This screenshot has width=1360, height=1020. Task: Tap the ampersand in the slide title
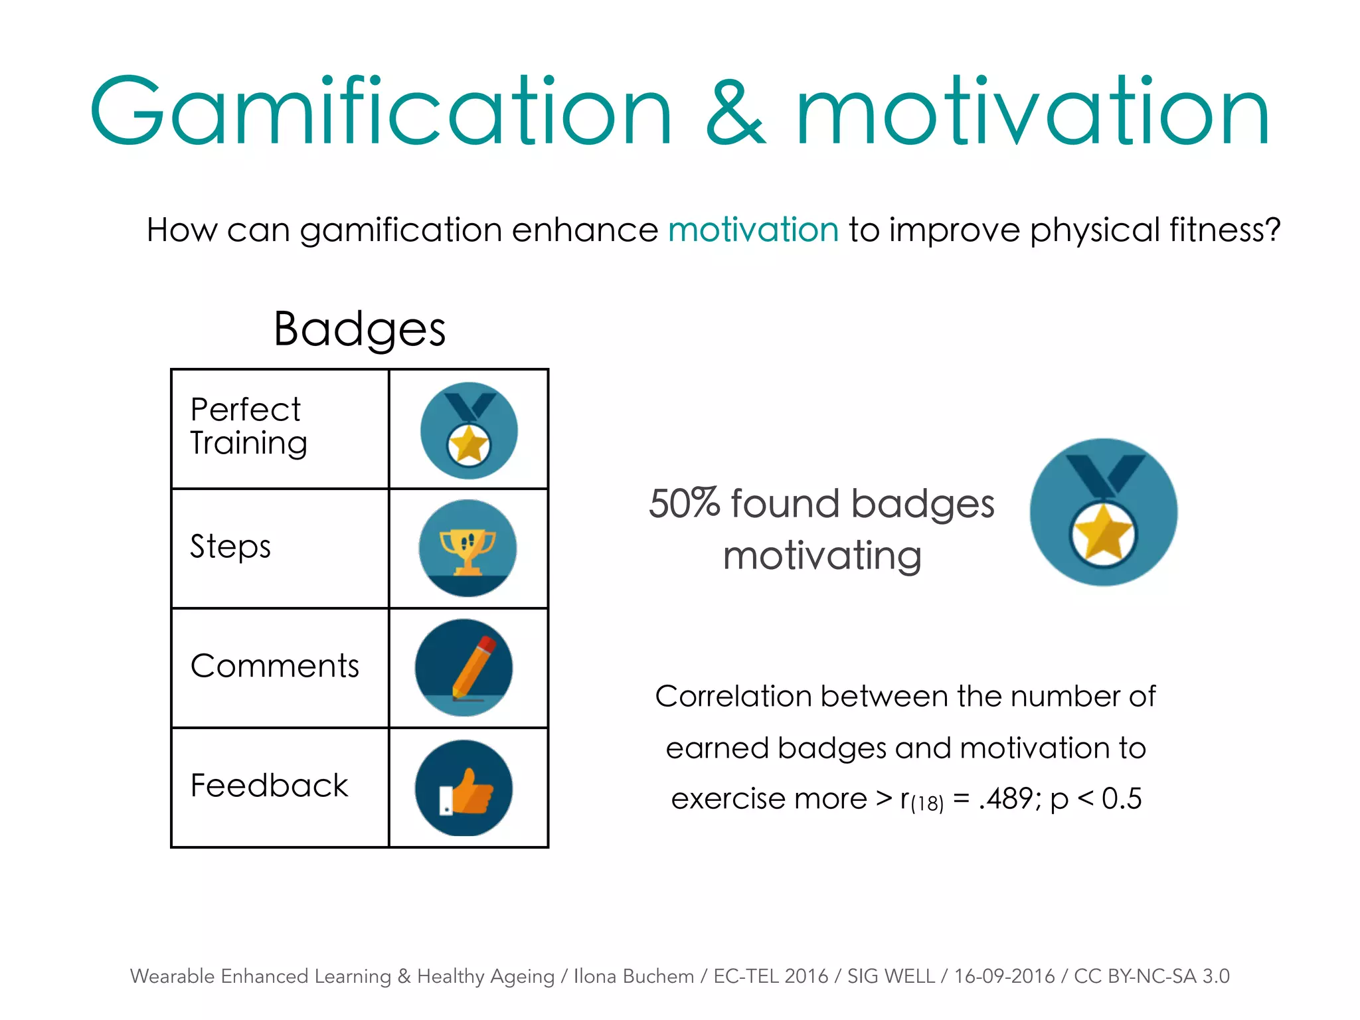coord(736,113)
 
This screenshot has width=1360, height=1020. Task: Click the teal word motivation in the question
coord(754,230)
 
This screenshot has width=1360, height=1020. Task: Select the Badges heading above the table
coord(359,329)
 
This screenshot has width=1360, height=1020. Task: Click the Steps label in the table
coord(230,547)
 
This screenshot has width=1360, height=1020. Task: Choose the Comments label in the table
coord(274,666)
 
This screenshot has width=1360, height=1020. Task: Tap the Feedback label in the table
coord(269,786)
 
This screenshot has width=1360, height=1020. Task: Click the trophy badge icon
coord(467,549)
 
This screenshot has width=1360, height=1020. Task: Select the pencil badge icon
coord(464,667)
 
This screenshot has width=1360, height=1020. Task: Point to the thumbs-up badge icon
coord(464,788)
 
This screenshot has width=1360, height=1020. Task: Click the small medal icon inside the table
coord(469,430)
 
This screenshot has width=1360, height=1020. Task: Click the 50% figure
coord(684,503)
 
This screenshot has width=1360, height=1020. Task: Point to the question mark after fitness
coord(1272,230)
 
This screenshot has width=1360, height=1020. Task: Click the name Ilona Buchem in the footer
coord(634,976)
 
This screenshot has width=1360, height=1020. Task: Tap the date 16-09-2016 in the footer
coord(1004,976)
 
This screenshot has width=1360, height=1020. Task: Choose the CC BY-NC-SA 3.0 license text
coord(1151,976)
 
